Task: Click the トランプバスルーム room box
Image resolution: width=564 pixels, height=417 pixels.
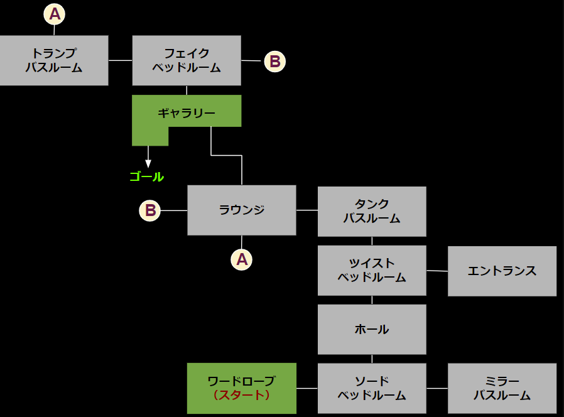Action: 54,60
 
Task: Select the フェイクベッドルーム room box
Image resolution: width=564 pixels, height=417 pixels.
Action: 187,60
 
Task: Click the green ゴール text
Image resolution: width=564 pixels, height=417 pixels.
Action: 146,177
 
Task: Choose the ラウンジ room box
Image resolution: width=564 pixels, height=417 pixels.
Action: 242,210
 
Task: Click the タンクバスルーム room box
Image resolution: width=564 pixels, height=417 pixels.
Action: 372,211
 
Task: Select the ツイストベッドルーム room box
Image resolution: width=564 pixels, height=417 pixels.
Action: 372,270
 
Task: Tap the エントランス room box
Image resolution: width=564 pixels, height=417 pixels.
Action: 502,271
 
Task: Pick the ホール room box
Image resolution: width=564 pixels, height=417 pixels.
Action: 372,329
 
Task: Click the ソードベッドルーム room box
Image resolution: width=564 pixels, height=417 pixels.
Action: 372,388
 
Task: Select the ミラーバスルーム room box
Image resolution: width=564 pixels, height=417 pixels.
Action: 502,388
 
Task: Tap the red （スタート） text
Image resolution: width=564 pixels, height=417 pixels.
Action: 242,396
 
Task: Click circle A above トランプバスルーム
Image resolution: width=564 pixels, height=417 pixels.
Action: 55,13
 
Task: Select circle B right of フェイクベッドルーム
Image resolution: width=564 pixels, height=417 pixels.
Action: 274,62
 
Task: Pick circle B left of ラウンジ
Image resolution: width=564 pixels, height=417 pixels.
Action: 150,210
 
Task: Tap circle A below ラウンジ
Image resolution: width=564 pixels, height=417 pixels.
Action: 242,259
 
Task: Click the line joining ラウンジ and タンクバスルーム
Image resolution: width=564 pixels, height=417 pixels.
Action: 306,210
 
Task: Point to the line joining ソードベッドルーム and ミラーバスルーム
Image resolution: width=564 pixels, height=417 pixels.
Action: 437,388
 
